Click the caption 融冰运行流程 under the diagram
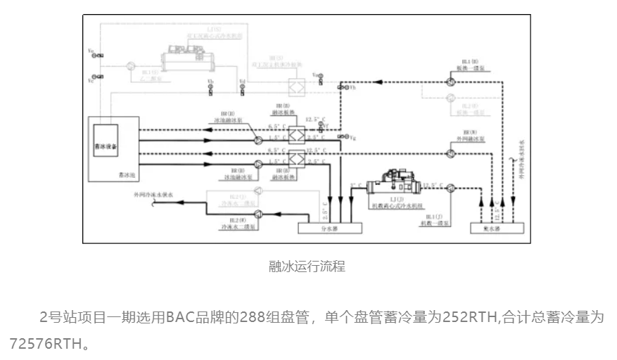(307, 266)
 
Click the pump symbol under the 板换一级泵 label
(450, 82)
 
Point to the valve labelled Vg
(341, 136)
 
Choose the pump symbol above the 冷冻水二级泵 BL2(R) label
(257, 210)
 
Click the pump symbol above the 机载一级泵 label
(450, 188)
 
